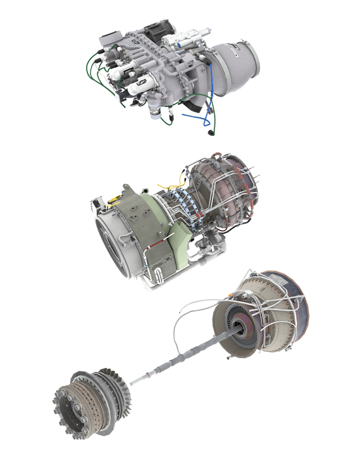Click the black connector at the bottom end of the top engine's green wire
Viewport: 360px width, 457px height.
211,133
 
